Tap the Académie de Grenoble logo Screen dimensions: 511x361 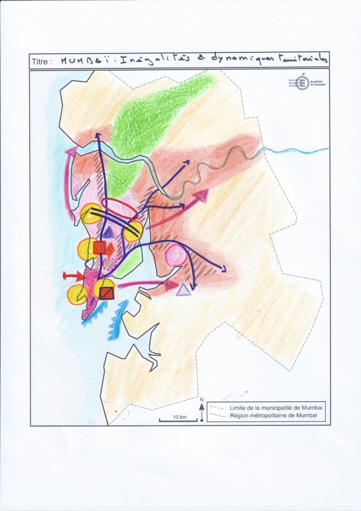pos(302,82)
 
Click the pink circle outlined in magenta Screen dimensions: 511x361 pos(176,256)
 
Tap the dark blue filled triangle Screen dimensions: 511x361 pos(108,231)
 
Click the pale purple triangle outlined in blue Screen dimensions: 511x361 pos(184,290)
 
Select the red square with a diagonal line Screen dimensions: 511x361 pos(106,293)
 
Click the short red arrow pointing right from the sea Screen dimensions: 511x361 pos(73,276)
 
